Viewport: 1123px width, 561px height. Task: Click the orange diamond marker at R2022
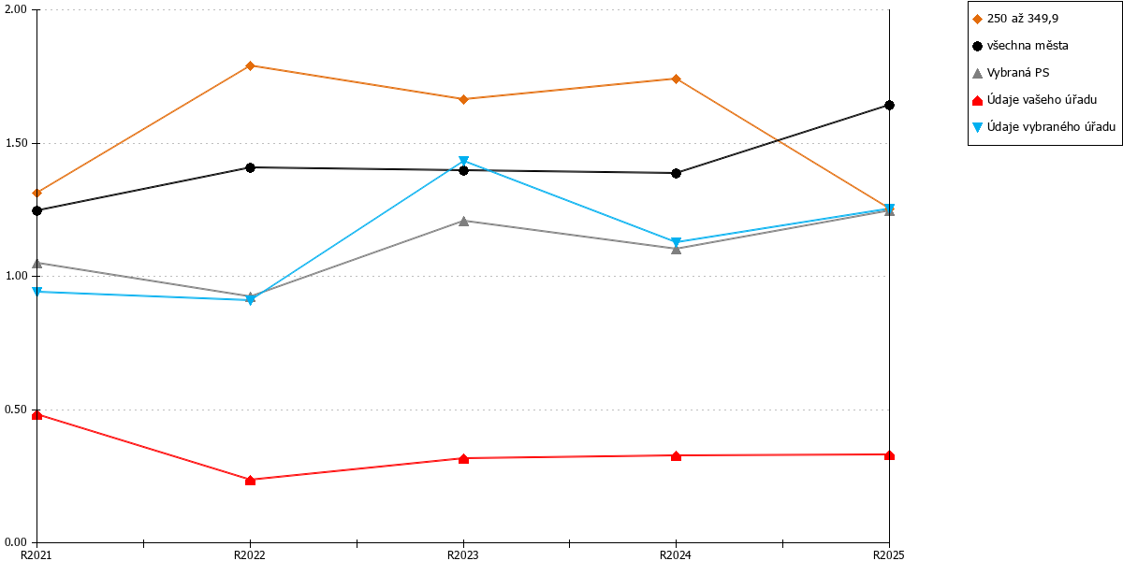tap(250, 65)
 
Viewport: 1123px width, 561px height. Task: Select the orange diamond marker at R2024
tap(676, 79)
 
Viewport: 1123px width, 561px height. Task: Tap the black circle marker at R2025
tap(889, 105)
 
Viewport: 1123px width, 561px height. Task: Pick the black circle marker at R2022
tap(250, 167)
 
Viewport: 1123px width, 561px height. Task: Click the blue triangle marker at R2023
tap(464, 161)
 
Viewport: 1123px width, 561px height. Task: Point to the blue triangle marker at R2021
tap(36, 291)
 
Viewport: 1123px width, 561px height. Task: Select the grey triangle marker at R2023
tap(464, 221)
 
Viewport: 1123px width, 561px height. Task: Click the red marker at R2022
tap(250, 481)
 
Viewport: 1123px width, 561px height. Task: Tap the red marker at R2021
tap(36, 415)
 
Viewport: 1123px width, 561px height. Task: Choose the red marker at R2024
tap(676, 456)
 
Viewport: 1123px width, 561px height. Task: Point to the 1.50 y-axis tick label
tap(16, 143)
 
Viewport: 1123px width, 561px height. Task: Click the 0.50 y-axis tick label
tap(16, 410)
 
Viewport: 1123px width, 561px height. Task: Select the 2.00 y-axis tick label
tap(16, 9)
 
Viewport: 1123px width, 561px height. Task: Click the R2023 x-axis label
tap(462, 554)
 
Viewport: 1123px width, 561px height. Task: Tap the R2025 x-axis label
tap(889, 554)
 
